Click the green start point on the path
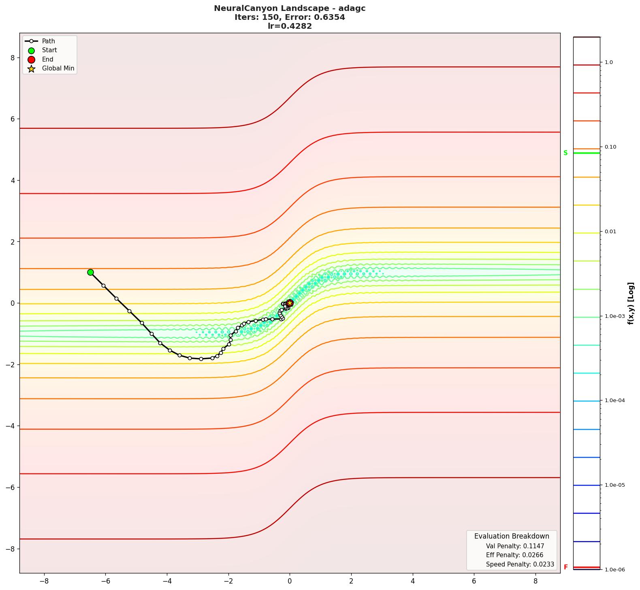[x=90, y=272]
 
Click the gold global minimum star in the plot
[x=290, y=303]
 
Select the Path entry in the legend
[x=48, y=41]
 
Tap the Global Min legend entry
[x=58, y=68]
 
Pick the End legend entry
[x=47, y=59]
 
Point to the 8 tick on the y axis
[x=13, y=58]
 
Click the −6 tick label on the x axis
[x=105, y=581]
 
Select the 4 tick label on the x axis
[x=413, y=581]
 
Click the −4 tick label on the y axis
[x=10, y=426]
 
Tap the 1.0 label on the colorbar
[x=608, y=62]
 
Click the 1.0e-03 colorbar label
[x=614, y=316]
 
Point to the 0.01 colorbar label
[x=610, y=232]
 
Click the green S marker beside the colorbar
[x=565, y=153]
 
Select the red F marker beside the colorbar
[x=565, y=567]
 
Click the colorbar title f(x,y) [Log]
[x=630, y=303]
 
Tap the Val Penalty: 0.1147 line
[x=515, y=546]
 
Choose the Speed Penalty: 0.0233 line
[x=520, y=564]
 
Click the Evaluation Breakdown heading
[x=512, y=536]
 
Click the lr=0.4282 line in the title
[x=290, y=26]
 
